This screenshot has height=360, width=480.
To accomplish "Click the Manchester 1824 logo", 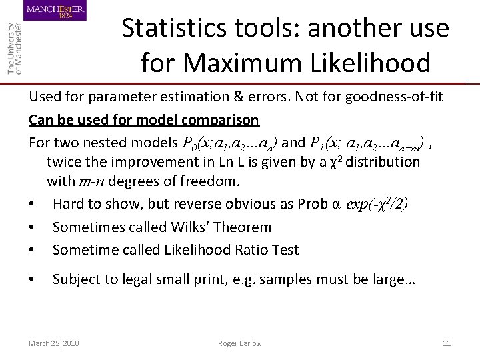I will pyautogui.click(x=55, y=11).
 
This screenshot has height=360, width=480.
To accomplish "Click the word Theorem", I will pyautogui.click(x=243, y=227).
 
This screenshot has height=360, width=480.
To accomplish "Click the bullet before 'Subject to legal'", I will pyautogui.click(x=32, y=280).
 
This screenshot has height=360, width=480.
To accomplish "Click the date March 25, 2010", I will pyautogui.click(x=53, y=343).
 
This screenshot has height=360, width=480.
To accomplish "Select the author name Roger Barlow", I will pyautogui.click(x=239, y=343).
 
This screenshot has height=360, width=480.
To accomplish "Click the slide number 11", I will pyautogui.click(x=447, y=343).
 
